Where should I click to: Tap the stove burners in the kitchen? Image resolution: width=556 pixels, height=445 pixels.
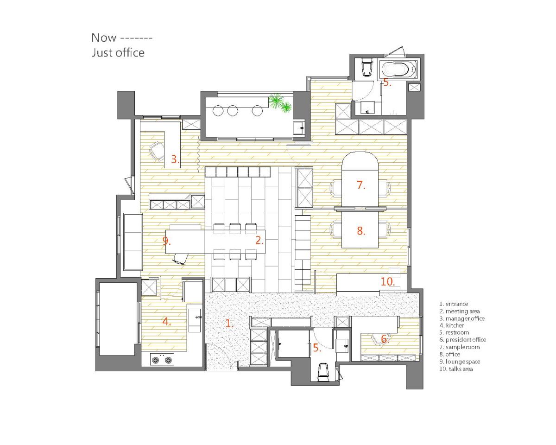click(162, 359)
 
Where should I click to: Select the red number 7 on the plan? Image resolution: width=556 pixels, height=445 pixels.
click(360, 185)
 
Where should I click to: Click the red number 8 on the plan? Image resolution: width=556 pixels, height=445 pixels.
click(361, 230)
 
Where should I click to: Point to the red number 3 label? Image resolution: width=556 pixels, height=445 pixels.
click(175, 159)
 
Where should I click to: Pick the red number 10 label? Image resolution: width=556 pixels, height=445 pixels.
click(387, 281)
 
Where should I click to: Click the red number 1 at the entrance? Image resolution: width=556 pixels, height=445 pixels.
click(229, 323)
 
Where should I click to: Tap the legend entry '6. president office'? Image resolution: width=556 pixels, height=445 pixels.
click(462, 339)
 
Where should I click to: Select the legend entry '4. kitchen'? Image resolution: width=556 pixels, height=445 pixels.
click(452, 325)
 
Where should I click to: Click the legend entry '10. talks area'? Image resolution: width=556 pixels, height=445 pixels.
click(456, 369)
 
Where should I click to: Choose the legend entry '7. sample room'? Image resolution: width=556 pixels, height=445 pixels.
click(459, 347)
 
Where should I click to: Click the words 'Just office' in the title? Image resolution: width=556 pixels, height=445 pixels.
click(118, 53)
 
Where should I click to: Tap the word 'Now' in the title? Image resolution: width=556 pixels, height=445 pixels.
click(104, 38)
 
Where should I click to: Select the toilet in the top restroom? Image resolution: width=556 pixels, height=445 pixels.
click(366, 67)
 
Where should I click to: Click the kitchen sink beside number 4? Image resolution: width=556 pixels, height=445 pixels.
click(195, 320)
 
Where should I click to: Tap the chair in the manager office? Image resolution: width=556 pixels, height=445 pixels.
click(156, 151)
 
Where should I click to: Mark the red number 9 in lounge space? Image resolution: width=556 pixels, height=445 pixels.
click(166, 241)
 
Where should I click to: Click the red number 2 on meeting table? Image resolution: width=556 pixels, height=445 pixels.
click(259, 241)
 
